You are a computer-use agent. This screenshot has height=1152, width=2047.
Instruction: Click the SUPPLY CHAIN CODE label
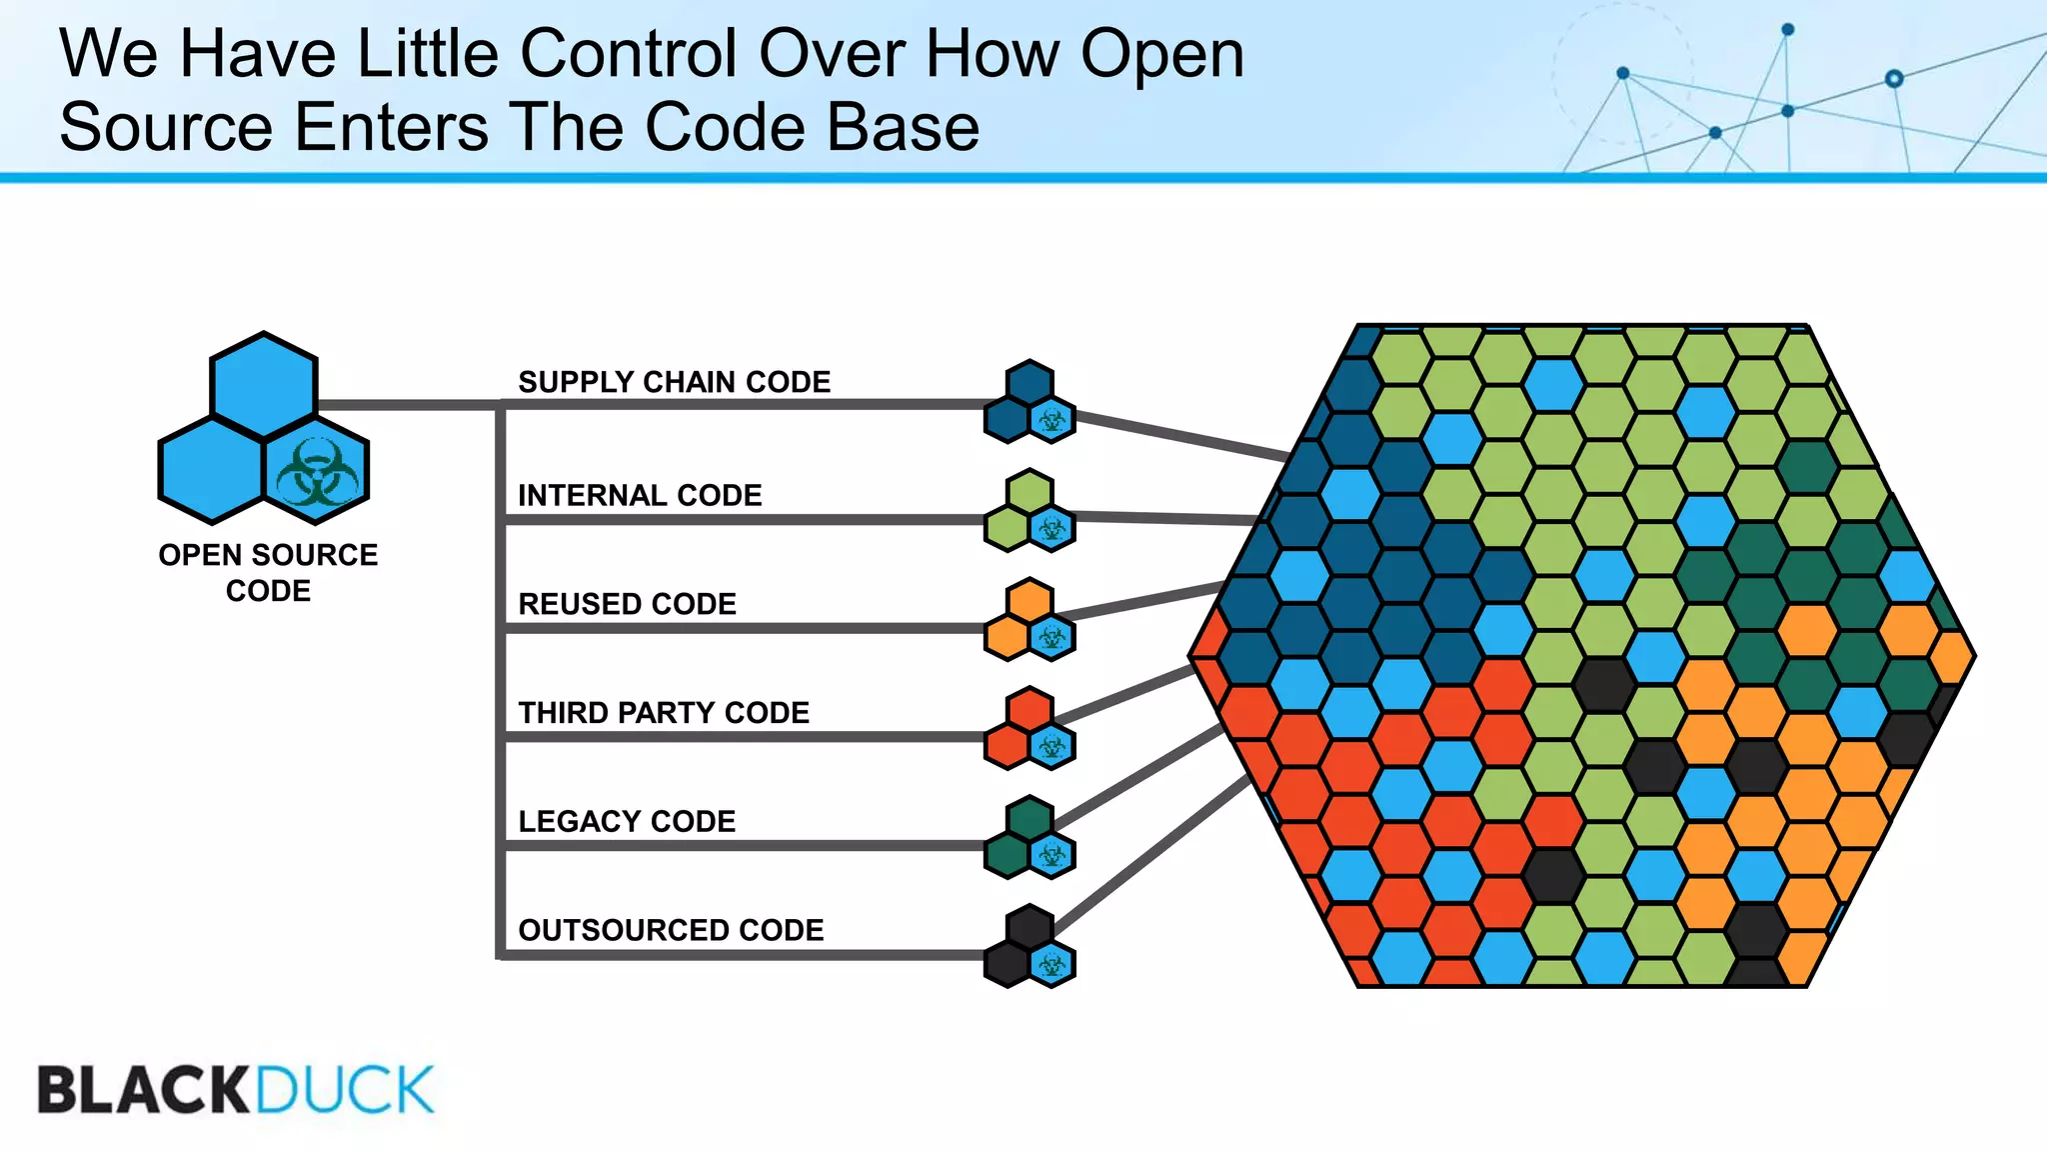click(x=674, y=382)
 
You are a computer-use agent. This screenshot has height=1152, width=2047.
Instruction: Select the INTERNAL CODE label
click(x=640, y=495)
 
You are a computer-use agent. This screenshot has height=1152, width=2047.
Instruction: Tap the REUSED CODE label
click(x=627, y=604)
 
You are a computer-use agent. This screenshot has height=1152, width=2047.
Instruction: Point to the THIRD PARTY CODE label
click(x=664, y=713)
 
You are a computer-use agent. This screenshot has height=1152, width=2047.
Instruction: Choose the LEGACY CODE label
click(x=627, y=822)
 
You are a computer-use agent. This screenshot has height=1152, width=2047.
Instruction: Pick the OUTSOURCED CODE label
click(x=671, y=930)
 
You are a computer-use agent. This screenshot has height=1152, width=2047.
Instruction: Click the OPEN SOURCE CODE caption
click(x=268, y=572)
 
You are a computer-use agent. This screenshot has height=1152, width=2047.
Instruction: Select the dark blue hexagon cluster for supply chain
click(x=1028, y=402)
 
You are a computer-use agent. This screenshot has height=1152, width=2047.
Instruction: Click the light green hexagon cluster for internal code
click(x=1028, y=511)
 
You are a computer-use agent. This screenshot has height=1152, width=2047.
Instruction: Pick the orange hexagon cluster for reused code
click(x=1028, y=620)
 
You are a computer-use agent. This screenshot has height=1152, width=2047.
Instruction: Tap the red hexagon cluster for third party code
click(x=1028, y=729)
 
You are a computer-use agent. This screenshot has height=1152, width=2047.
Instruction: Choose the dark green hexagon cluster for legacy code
click(x=1028, y=838)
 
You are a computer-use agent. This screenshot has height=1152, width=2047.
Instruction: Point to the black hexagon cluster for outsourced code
click(x=1028, y=947)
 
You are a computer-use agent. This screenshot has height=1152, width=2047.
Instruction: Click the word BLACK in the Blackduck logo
click(x=143, y=1090)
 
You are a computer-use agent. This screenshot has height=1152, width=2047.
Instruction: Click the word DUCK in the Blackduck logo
click(x=345, y=1090)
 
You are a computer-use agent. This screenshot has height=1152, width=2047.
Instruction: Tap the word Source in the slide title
click(x=166, y=127)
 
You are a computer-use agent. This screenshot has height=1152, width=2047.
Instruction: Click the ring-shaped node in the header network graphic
click(x=1893, y=78)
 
